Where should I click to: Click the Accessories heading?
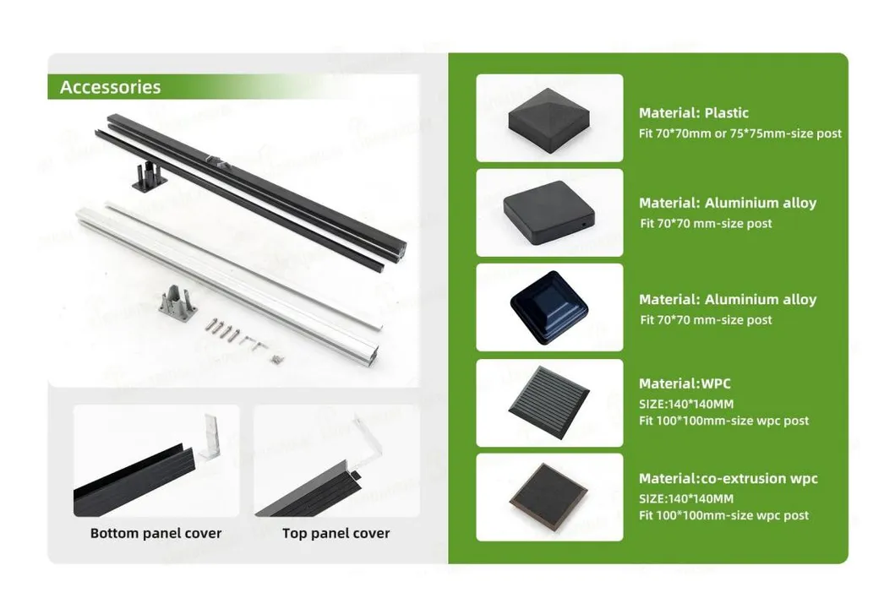tap(110, 87)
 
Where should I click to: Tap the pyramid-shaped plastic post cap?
tap(548, 121)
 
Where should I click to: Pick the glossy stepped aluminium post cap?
tap(548, 308)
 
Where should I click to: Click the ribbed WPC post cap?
tap(549, 403)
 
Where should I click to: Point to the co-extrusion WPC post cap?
tap(548, 497)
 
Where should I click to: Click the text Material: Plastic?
tap(694, 113)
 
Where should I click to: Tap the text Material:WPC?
tap(685, 383)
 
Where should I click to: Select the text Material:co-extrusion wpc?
tap(729, 478)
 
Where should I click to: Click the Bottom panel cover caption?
tap(156, 534)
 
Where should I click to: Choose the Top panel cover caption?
tap(336, 534)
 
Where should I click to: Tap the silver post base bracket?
tap(178, 300)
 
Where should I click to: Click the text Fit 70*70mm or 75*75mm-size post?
tap(739, 133)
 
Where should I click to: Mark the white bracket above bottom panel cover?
tap(210, 437)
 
